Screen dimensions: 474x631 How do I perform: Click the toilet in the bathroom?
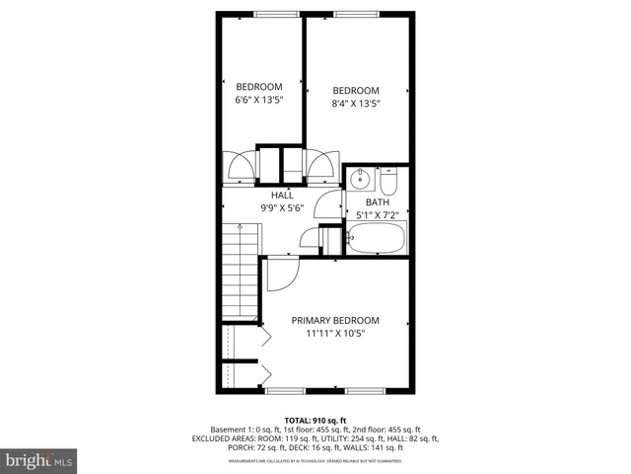pos(388,184)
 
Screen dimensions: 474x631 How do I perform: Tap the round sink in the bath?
pos(362,180)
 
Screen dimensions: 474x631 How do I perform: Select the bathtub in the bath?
pos(375,237)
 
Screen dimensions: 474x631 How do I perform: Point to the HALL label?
pos(282,196)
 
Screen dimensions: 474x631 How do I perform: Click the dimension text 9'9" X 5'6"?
pos(282,208)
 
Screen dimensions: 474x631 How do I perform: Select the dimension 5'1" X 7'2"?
pos(376,215)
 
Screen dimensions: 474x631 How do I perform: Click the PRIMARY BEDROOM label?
pos(335,320)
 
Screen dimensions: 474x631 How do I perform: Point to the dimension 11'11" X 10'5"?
pos(335,333)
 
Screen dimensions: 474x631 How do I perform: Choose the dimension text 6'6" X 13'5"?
pos(259,99)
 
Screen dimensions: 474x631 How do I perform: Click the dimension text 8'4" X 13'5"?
pos(355,103)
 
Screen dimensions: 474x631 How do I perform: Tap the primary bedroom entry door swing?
pos(280,273)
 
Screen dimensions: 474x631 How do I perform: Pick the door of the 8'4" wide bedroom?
pos(321,165)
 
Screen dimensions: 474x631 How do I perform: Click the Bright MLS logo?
pos(39,460)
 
